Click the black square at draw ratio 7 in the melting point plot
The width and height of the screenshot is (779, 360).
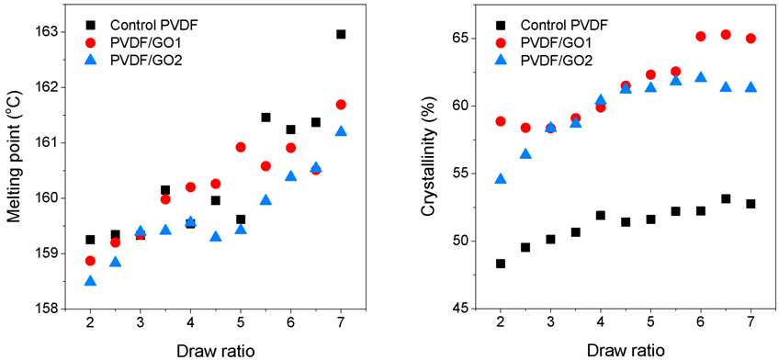pos(341,34)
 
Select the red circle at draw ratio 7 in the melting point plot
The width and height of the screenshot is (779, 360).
pos(341,105)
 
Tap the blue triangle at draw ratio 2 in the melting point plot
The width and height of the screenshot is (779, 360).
pos(90,280)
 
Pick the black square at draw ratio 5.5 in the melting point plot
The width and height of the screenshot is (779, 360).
pos(265,118)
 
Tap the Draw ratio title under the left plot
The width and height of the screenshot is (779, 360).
pos(216,351)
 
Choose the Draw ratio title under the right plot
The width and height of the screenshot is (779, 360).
pos(626,351)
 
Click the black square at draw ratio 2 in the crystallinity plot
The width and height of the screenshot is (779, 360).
pos(501,264)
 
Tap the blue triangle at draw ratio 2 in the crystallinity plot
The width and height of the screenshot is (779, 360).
pos(501,179)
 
